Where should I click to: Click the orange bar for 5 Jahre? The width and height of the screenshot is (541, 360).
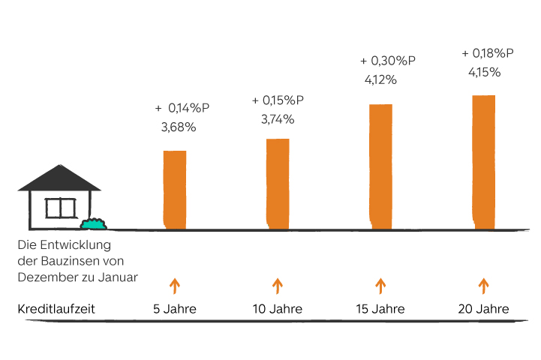pos(175,189)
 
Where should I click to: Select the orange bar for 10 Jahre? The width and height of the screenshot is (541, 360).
pos(278,183)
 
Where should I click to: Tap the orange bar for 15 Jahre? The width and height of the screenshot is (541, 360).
pos(381,165)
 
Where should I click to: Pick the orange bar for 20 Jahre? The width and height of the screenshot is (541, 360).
pos(484,161)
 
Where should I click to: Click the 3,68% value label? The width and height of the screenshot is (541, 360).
pos(179,127)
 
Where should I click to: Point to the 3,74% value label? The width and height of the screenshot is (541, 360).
pos(278,119)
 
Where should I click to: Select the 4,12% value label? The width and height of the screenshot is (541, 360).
pos(379,79)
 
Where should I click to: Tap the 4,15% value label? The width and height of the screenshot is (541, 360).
pos(484,73)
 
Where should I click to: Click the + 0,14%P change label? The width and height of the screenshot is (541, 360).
pos(182,108)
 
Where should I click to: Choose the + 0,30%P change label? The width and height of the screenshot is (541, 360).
pos(389,60)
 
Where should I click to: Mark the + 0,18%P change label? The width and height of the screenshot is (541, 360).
pos(488,53)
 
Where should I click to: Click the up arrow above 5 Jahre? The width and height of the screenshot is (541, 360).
pos(175,285)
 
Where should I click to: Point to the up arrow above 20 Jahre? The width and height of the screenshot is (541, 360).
pos(484,285)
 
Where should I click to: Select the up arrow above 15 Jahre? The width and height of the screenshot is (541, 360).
pos(380,285)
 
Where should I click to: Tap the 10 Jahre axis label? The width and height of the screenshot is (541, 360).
pos(278,309)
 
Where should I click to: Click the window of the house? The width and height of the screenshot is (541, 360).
pos(61,207)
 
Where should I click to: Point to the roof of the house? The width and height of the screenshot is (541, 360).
pos(59,177)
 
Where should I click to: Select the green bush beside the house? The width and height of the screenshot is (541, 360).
pos(94,223)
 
